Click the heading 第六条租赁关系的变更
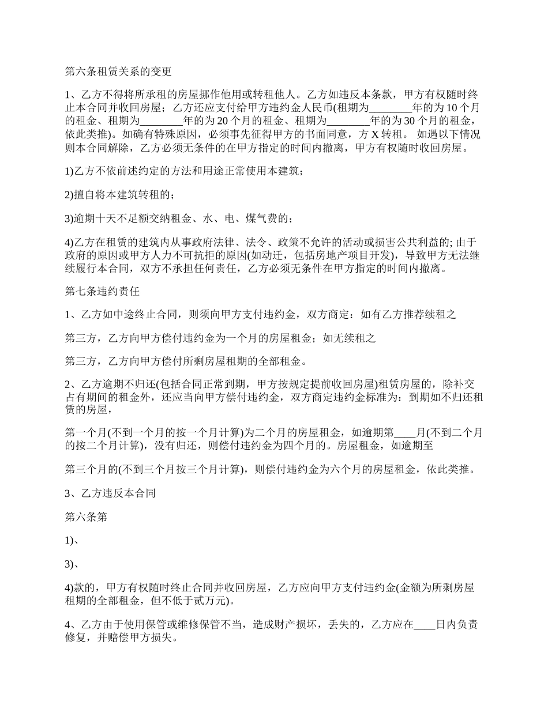pos(118,72)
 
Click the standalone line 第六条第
pos(86,517)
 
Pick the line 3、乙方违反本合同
pos(110,494)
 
